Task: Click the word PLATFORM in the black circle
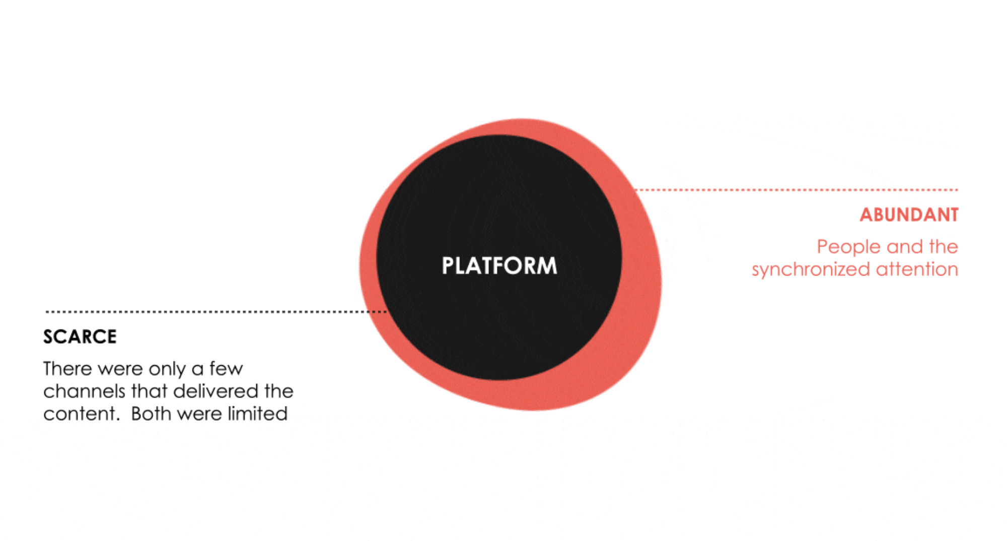[x=499, y=265]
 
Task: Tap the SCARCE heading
[x=80, y=336]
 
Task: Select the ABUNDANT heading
[x=909, y=215]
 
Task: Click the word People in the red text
[x=848, y=247]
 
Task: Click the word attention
[x=917, y=269]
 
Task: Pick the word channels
[x=84, y=391]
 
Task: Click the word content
[x=81, y=414]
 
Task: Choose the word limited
[x=257, y=414]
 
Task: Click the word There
[x=67, y=369]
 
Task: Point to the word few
[x=226, y=369]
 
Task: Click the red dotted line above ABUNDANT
[x=796, y=190]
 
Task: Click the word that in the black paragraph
[x=150, y=391]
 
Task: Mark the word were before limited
[x=199, y=414]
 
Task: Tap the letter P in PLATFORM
[x=447, y=265]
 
